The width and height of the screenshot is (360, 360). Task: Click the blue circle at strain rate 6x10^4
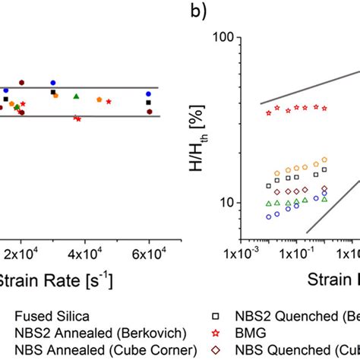click(149, 94)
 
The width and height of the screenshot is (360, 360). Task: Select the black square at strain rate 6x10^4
click(149, 103)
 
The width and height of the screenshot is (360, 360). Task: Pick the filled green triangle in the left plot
click(75, 96)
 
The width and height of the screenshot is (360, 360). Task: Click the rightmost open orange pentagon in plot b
click(324, 159)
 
